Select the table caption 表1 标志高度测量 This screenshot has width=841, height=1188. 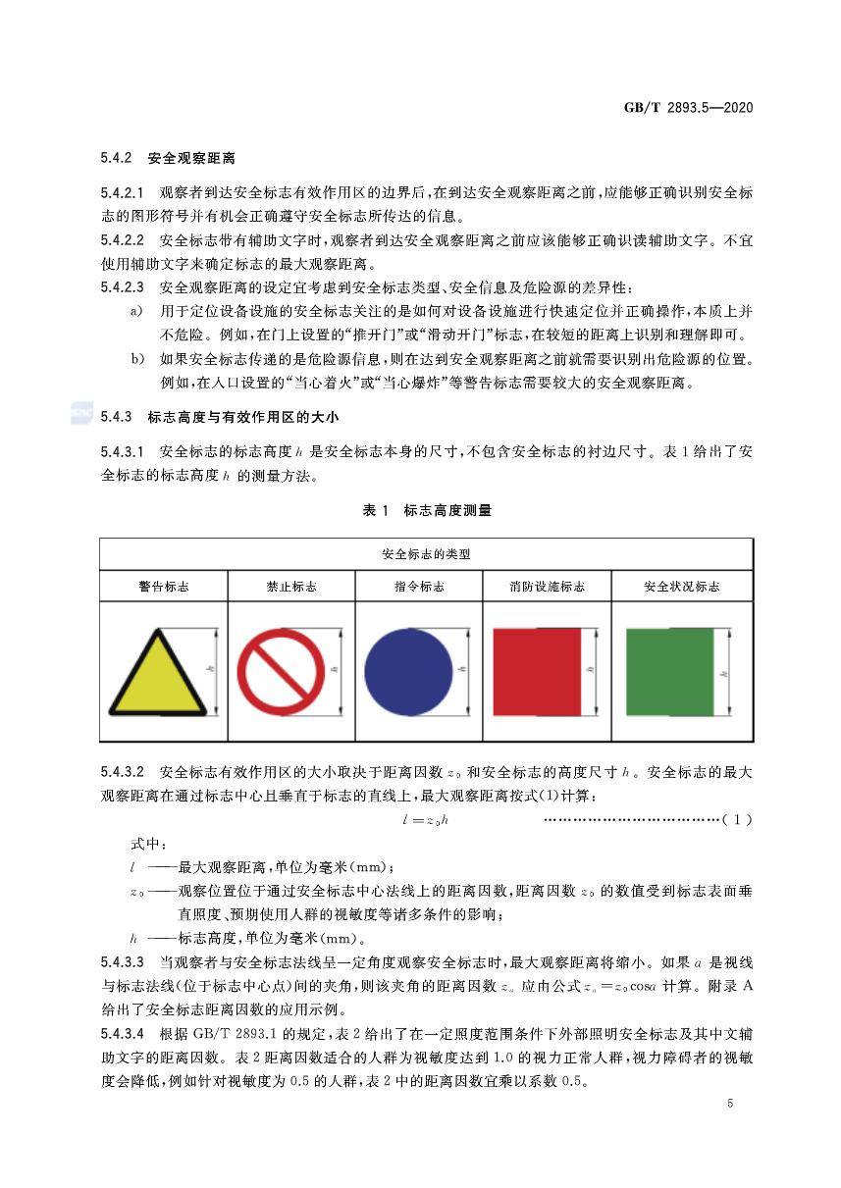click(x=427, y=510)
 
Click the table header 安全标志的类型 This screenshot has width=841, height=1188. click(x=426, y=554)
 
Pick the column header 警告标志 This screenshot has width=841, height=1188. click(x=163, y=587)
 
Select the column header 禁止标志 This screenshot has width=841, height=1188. click(x=291, y=587)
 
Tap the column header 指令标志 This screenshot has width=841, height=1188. click(x=419, y=587)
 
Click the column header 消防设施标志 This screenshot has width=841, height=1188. click(x=547, y=587)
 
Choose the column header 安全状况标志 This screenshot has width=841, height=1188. click(x=681, y=587)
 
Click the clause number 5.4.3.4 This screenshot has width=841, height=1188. click(x=123, y=1033)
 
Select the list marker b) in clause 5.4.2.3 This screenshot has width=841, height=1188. click(x=138, y=360)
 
